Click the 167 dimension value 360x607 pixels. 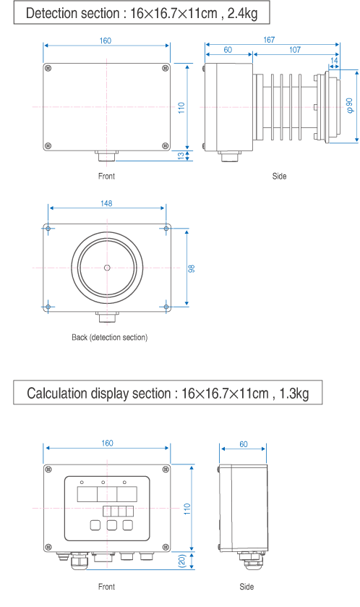[269, 40]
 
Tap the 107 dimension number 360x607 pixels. [295, 49]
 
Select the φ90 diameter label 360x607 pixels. [350, 106]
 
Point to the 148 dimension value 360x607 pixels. [106, 203]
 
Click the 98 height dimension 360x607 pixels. [192, 268]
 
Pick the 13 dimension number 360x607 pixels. [181, 156]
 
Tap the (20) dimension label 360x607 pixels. [182, 561]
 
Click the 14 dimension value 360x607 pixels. [334, 60]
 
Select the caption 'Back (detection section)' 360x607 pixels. [109, 337]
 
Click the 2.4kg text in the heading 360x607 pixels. [242, 13]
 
